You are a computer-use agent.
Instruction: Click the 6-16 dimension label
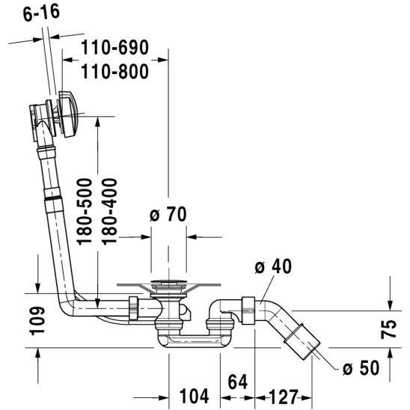point(41,13)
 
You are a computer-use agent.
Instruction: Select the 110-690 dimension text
point(114,48)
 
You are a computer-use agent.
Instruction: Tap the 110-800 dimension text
point(114,72)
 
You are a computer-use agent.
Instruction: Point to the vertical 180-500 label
point(85,212)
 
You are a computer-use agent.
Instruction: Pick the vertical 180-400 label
point(109,212)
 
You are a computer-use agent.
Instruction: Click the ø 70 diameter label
point(168,215)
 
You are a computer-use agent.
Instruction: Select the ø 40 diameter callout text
point(273,266)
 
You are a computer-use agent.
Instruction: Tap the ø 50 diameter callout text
point(361,367)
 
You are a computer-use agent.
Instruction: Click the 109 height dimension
point(37,321)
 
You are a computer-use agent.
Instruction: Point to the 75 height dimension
point(388,329)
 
